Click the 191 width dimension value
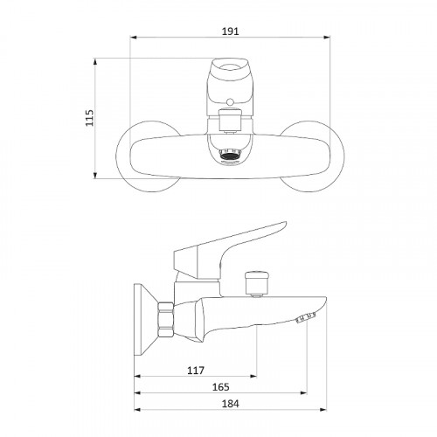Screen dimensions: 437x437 (230, 31)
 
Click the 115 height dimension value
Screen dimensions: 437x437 (90, 118)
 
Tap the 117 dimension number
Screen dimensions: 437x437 (196, 371)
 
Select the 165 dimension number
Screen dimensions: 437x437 (221, 387)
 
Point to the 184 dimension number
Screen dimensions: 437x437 (230, 404)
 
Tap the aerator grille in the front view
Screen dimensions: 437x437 (230, 155)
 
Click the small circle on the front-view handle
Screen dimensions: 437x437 (230, 102)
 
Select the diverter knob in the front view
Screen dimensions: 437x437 (230, 120)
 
